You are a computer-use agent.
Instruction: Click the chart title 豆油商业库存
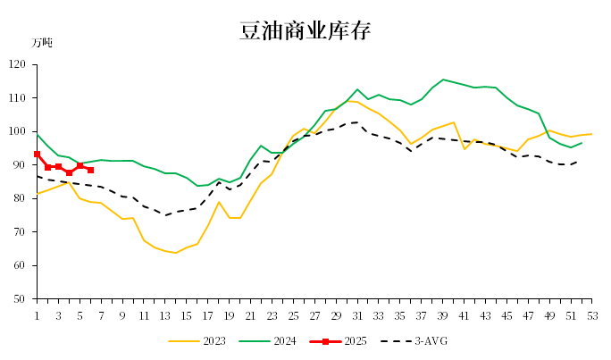(x=305, y=31)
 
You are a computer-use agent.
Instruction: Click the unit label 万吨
(x=42, y=43)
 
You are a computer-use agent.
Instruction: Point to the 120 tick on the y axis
(x=19, y=64)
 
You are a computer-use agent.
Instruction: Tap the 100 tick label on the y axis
(x=19, y=131)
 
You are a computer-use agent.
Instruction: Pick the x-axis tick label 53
(x=591, y=315)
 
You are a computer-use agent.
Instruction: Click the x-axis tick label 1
(x=37, y=315)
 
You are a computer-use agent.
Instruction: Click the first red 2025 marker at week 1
(x=37, y=154)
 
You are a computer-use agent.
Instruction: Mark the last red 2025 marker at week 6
(x=90, y=170)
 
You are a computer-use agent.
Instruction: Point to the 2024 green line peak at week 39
(x=443, y=80)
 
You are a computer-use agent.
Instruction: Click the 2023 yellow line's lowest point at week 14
(x=176, y=253)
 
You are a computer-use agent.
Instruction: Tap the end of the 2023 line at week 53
(x=592, y=134)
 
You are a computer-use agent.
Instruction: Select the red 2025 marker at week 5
(x=80, y=165)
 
